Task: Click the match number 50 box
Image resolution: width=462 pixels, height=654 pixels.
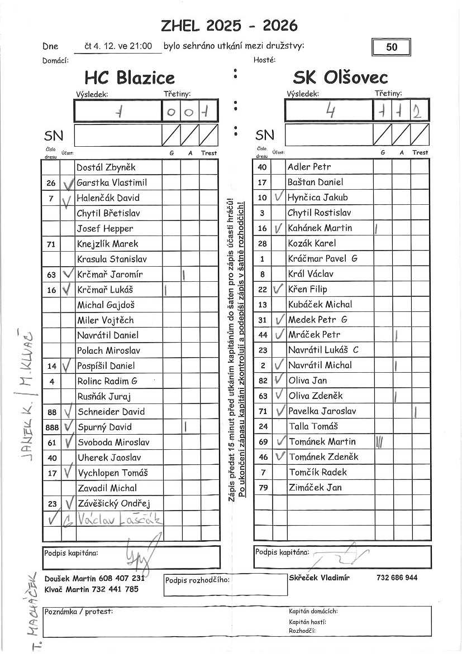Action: coord(392,47)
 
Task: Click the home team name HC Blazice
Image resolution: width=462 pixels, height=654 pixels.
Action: coord(130,78)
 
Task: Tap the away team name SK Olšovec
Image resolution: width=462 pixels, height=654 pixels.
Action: coord(340,78)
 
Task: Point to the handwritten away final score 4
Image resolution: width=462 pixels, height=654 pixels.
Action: coord(330,112)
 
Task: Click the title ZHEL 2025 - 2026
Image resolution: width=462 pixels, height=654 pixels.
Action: coord(229,26)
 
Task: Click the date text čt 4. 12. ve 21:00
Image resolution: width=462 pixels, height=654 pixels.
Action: coord(118,46)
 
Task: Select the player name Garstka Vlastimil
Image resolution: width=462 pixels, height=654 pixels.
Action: coord(111,182)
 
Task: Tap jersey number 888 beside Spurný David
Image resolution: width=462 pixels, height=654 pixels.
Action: coord(51,427)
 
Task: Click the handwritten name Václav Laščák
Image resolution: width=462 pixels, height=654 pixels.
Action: coord(120,520)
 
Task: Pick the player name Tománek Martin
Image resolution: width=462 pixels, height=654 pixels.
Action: coord(322,441)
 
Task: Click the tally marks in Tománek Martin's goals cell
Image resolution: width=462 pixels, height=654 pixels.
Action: coord(379,442)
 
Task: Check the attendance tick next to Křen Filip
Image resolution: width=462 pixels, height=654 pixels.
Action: coord(279,289)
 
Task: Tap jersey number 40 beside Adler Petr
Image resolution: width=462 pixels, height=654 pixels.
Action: coord(263,167)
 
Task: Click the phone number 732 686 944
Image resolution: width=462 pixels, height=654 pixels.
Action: coord(397,578)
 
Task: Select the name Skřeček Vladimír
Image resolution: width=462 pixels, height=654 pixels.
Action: coord(320,578)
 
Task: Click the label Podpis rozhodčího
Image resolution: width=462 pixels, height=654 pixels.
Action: coord(197,580)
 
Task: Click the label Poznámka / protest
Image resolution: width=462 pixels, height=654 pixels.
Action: coord(79,612)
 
